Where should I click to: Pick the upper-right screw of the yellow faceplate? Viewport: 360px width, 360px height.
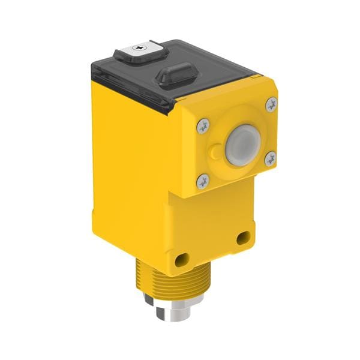click(271, 104)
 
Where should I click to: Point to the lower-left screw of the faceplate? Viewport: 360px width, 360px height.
click(203, 180)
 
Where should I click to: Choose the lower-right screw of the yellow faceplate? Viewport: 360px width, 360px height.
click(270, 158)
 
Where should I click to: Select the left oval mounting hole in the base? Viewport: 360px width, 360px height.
click(180, 260)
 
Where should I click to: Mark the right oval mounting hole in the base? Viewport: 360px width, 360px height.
click(243, 238)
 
